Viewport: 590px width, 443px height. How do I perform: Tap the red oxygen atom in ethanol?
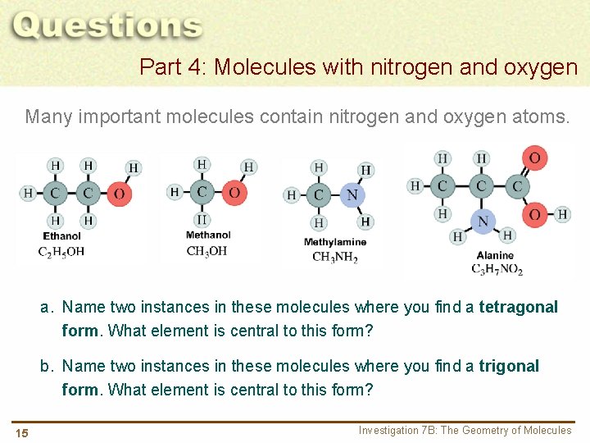click(120, 194)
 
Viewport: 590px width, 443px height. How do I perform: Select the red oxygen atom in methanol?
click(234, 193)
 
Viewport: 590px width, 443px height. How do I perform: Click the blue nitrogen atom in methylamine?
click(352, 194)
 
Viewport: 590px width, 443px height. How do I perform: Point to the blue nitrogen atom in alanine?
click(483, 221)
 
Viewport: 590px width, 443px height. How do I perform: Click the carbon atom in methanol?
click(202, 193)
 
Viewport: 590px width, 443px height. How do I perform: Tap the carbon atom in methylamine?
click(319, 194)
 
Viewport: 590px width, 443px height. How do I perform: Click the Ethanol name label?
click(62, 236)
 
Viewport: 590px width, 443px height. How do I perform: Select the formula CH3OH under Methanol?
click(206, 251)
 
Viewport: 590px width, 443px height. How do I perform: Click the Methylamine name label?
click(335, 242)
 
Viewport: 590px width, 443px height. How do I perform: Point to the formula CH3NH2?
click(335, 258)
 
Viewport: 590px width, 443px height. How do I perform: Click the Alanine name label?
click(495, 255)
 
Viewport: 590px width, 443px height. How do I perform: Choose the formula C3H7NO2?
click(497, 269)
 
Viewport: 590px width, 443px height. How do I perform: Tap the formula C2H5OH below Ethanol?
click(61, 251)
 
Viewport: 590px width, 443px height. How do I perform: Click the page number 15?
click(21, 433)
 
